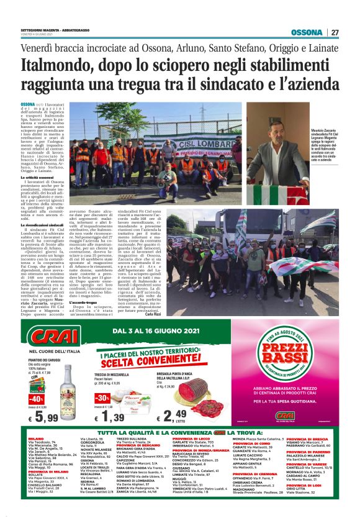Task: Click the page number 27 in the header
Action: [335, 32]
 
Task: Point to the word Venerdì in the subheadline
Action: [42, 47]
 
